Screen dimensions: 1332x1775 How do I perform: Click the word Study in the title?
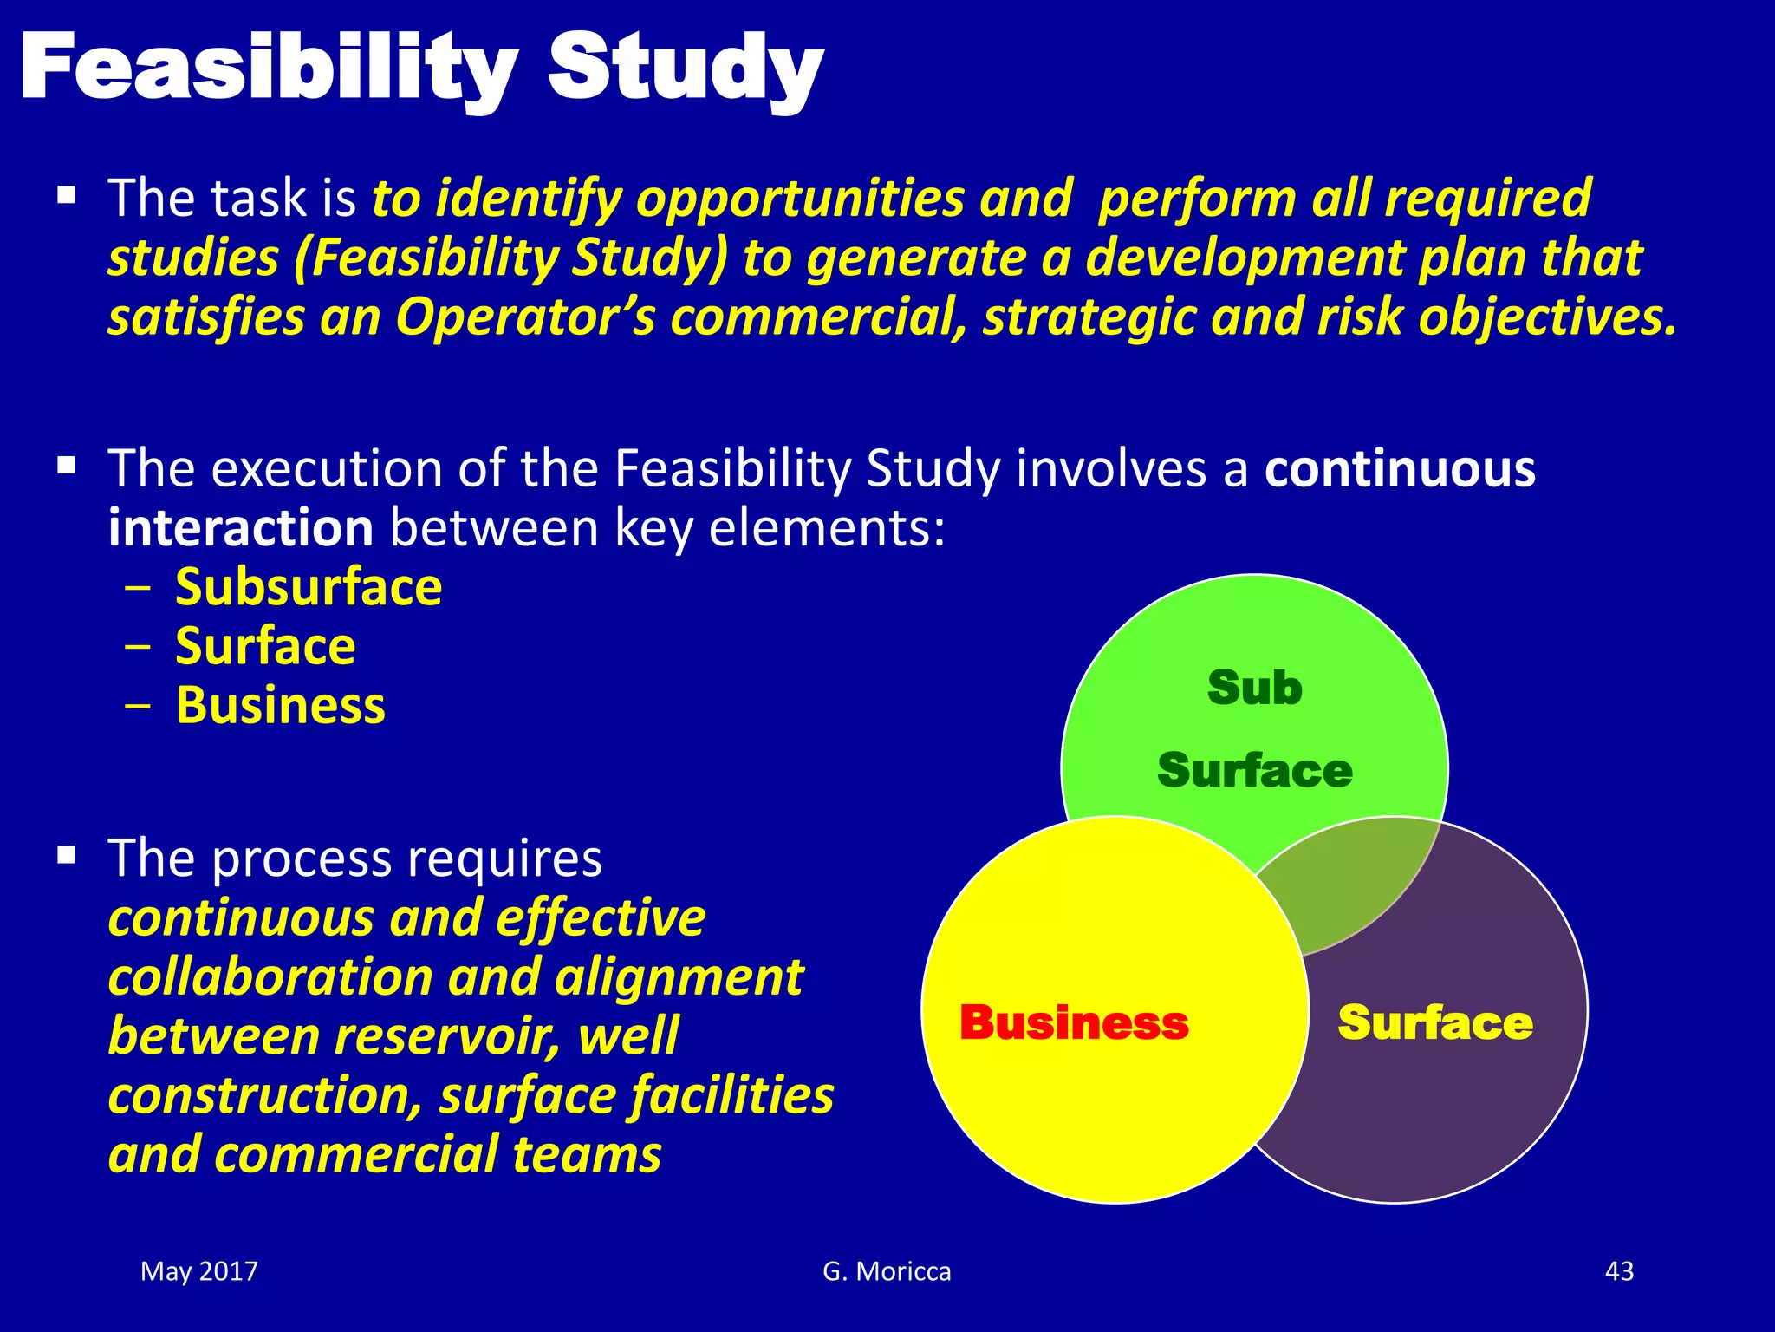pos(685,69)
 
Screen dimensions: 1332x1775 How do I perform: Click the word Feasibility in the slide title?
pos(269,69)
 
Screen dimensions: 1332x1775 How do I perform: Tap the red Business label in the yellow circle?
pos(1074,1022)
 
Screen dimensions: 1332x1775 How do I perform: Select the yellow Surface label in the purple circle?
pos(1435,1022)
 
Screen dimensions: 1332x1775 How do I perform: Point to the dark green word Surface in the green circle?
pos(1254,770)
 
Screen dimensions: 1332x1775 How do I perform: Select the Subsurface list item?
pos(309,587)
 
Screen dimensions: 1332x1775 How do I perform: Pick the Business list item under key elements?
pos(280,705)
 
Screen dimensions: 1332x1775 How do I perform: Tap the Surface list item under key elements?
pos(265,646)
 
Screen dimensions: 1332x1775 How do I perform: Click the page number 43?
pos(1619,1271)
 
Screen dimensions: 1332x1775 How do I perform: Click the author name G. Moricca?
pos(887,1271)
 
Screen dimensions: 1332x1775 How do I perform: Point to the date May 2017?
pos(199,1271)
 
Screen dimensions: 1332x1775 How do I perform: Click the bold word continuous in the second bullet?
pos(1400,469)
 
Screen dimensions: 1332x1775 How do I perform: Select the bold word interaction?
pos(240,528)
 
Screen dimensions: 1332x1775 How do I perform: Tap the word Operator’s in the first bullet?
pos(525,317)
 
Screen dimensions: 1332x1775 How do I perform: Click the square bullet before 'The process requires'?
pos(67,857)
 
